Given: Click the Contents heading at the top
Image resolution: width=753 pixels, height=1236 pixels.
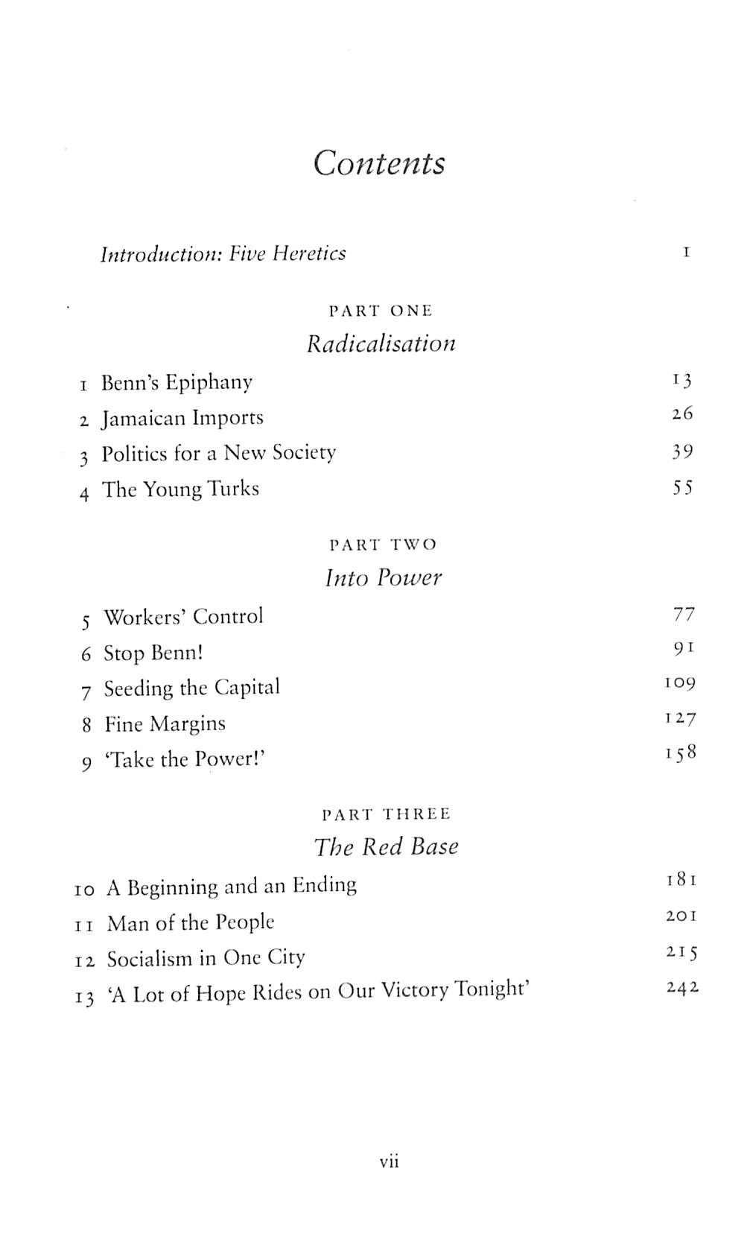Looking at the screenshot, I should [378, 163].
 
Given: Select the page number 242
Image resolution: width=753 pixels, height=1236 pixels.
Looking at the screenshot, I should [681, 988].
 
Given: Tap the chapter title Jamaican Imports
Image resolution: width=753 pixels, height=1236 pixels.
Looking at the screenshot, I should [182, 418].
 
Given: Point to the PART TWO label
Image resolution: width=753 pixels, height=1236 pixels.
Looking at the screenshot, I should [382, 545].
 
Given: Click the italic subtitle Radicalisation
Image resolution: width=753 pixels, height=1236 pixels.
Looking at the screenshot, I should [381, 343].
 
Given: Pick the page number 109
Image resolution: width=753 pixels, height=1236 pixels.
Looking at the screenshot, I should [679, 682].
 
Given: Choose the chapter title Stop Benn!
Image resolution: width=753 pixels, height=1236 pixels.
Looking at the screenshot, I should [153, 653].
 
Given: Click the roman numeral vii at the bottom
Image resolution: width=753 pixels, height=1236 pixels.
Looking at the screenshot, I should [389, 1161].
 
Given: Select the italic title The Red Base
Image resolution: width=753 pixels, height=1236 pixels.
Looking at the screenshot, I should [386, 846].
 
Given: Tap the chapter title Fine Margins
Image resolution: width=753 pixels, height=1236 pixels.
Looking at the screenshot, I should [165, 723].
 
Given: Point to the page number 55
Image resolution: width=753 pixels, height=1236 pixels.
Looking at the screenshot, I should [682, 488].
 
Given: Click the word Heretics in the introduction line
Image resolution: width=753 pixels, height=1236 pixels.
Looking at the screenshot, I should [308, 253].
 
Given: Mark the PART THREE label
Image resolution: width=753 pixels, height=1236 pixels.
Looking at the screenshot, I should [386, 814].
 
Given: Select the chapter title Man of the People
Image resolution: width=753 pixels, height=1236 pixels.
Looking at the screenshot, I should [191, 923].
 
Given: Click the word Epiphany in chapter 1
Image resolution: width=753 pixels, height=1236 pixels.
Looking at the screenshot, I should [209, 383].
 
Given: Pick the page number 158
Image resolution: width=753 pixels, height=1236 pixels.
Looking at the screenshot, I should [681, 753].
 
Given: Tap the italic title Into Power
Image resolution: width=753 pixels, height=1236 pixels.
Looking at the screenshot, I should [383, 577].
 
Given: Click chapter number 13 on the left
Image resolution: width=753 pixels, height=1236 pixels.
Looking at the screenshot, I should [85, 997].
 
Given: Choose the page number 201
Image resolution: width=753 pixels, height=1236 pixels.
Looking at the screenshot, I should [681, 916].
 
